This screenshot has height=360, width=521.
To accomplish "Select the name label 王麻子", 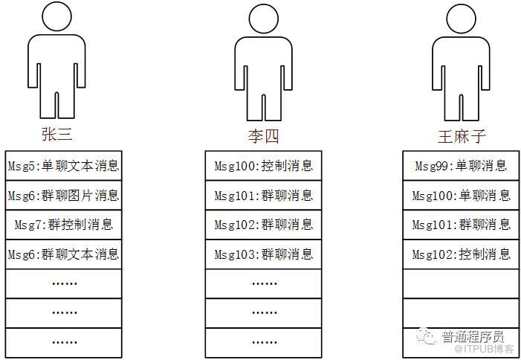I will pos(462,136).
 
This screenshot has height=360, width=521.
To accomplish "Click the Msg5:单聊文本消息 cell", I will pos(63,165).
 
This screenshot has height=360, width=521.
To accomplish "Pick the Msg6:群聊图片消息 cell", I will pos(63,195).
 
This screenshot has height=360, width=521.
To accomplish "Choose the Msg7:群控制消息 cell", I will pos(63,224).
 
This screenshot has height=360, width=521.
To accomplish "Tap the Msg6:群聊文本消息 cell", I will pos(63,254).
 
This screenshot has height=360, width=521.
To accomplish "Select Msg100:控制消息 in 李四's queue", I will pos(264,165).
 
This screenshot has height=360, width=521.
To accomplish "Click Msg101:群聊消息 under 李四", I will pos(264,195).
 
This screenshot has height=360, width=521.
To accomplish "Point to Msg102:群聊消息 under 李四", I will pos(264,224).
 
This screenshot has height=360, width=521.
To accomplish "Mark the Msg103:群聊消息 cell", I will pos(264,254).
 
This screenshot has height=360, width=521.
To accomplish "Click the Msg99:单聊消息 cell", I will pos(462,165).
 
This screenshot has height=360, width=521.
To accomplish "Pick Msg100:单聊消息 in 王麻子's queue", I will pos(462,195).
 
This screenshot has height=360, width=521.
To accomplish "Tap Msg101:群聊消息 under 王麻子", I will pos(462,224).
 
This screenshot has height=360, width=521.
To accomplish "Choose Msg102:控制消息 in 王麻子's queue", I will pos(462,254).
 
